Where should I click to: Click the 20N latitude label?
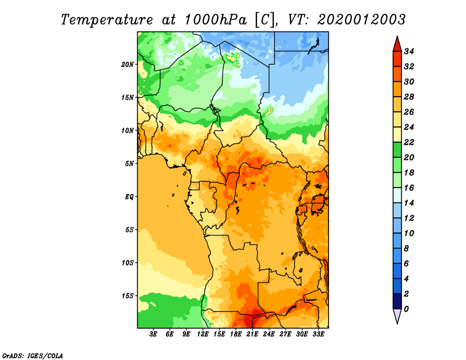[128, 65]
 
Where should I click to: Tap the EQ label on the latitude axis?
[129, 197]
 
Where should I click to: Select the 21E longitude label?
[252, 334]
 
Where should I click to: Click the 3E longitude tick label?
[153, 334]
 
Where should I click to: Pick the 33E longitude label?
[318, 334]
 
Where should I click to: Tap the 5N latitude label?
[129, 164]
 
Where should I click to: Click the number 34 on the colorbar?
[409, 51]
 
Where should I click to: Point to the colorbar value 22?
[409, 142]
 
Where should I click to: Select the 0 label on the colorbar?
[406, 309]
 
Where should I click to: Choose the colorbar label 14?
[409, 203]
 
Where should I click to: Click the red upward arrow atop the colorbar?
[397, 44]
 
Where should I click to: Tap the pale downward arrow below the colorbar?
[397, 316]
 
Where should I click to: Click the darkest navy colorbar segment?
[397, 301]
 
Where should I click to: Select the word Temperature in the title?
[107, 20]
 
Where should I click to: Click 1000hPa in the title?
[216, 20]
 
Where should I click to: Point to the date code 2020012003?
[361, 20]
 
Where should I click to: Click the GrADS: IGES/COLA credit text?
[33, 356]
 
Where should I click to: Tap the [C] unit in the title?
[265, 20]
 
